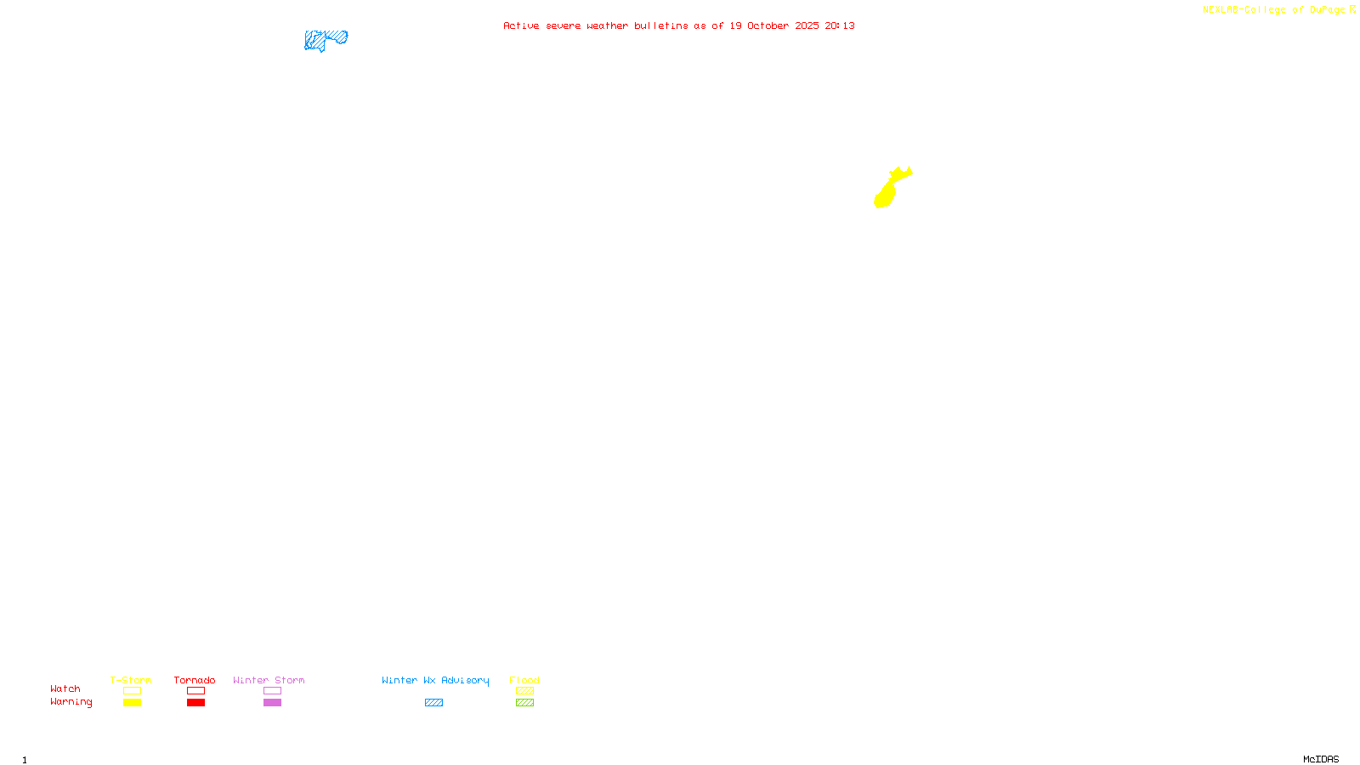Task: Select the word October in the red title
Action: (x=768, y=25)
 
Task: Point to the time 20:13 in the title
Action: (x=839, y=25)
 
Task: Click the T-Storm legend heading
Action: (x=131, y=680)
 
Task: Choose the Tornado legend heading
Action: (x=195, y=680)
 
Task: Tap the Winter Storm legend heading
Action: (x=269, y=680)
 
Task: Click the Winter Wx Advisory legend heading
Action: (x=435, y=680)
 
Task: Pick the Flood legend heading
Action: (x=524, y=680)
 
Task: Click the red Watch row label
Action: (x=65, y=688)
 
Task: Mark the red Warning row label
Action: (x=71, y=702)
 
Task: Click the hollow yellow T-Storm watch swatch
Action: (x=132, y=691)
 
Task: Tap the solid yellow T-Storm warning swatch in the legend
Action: (x=132, y=703)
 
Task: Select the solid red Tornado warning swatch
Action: (x=195, y=703)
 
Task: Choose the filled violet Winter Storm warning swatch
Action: (x=272, y=703)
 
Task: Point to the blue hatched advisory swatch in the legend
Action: (x=433, y=703)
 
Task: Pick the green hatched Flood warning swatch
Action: (x=524, y=703)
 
